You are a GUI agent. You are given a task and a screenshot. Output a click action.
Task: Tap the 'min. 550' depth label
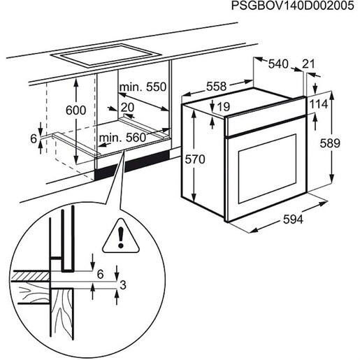click(143, 87)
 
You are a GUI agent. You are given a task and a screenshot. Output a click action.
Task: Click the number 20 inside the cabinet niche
click(127, 106)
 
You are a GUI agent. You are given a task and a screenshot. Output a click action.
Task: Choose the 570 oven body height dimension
click(196, 160)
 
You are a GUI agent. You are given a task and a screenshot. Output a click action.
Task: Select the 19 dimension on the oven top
click(224, 107)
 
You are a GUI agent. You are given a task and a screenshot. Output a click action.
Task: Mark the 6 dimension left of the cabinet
click(34, 138)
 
